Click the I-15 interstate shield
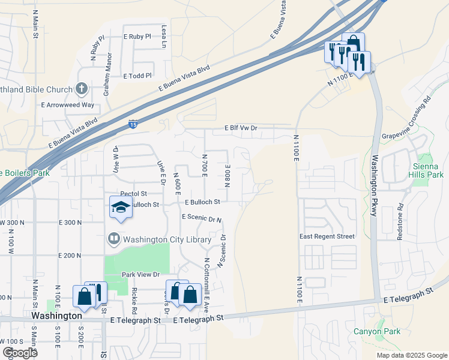(133, 125)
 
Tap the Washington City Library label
(167, 239)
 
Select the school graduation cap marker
(121, 207)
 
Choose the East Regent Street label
(327, 236)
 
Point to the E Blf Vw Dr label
(241, 128)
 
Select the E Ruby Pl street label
(137, 37)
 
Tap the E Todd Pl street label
(137, 76)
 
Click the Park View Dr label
(140, 274)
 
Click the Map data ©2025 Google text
(411, 355)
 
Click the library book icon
(113, 239)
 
